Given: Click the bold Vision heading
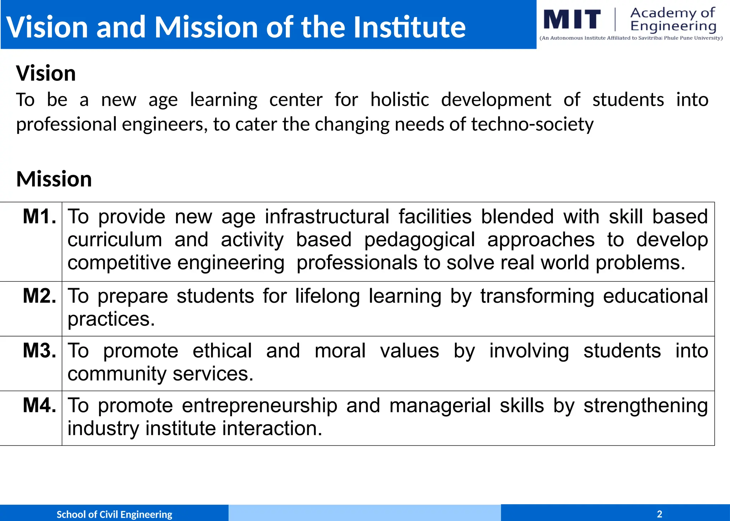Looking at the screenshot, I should pyautogui.click(x=46, y=73).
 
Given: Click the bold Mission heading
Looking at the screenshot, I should pyautogui.click(x=54, y=179).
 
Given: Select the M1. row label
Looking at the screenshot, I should pyautogui.click(x=40, y=217).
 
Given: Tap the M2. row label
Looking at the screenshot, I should pyautogui.click(x=40, y=296).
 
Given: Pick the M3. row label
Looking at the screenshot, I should pyautogui.click(x=40, y=351).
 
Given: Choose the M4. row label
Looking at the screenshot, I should pyautogui.click(x=40, y=405).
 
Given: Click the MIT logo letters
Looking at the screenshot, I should pyautogui.click(x=572, y=19).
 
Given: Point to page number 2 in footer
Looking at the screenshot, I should pyautogui.click(x=659, y=514).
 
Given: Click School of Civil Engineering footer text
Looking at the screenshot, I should pyautogui.click(x=114, y=514).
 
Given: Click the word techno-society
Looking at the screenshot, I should pyautogui.click(x=532, y=125).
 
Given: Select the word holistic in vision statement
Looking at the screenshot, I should pyautogui.click(x=400, y=100).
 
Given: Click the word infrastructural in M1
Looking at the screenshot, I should pyautogui.click(x=327, y=217).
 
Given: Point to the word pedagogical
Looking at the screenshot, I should pyautogui.click(x=420, y=240).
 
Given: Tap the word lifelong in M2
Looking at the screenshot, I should pyautogui.click(x=327, y=296).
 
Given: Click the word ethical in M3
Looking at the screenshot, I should pyautogui.click(x=222, y=351).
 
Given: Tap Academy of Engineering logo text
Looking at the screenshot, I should pyautogui.click(x=673, y=19).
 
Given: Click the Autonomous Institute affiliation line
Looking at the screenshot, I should pyautogui.click(x=631, y=38).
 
